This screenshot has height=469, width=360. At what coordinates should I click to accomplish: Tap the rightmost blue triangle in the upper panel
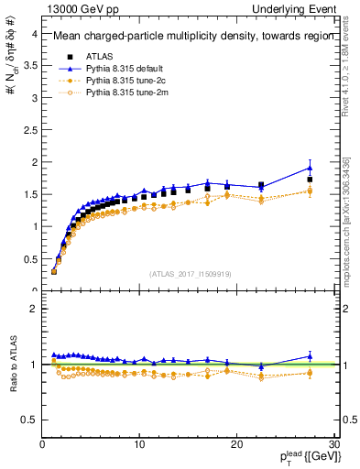tap(310, 168)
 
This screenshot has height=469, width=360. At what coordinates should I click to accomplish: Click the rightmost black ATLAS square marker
tap(310, 180)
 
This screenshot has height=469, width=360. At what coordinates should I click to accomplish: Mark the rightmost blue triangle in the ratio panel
tap(310, 356)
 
